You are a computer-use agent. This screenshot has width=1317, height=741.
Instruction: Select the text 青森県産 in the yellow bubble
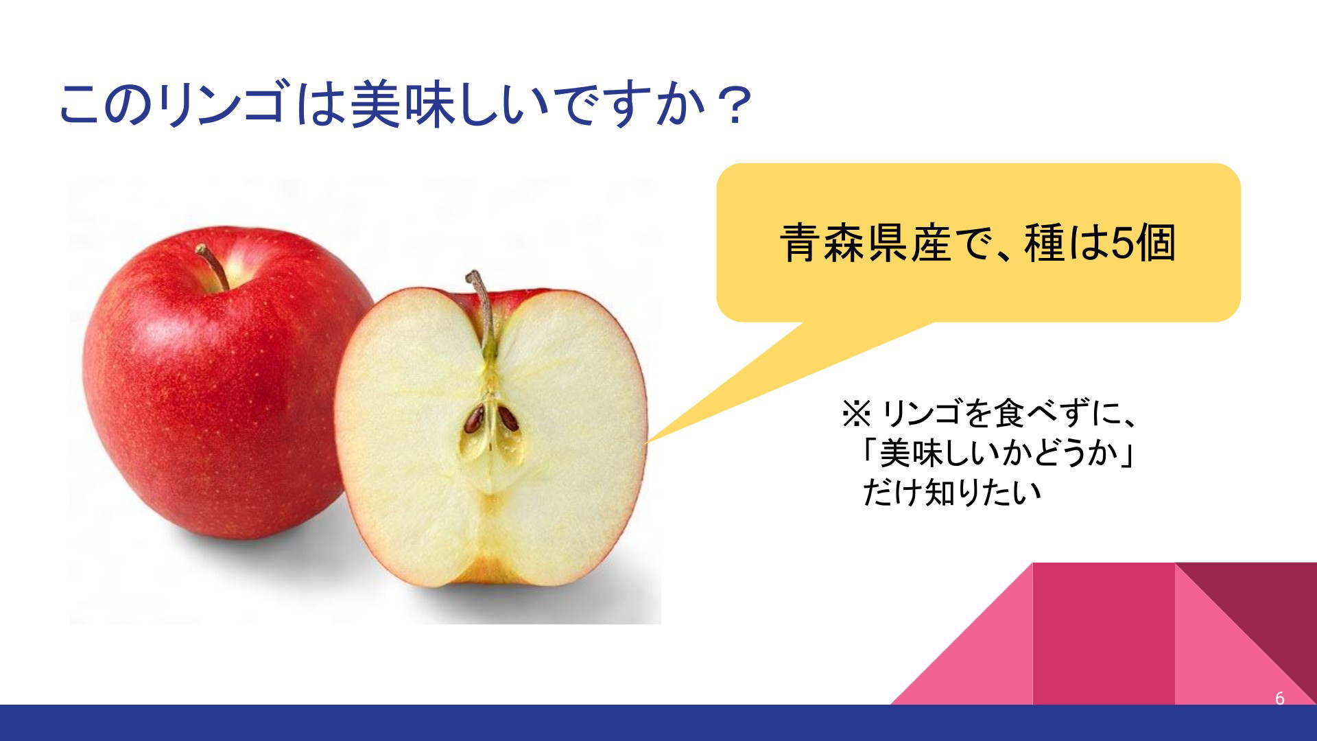point(866,243)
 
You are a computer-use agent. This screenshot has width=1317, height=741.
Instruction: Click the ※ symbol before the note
point(855,414)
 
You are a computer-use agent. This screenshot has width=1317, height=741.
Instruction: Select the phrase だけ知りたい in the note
point(951,492)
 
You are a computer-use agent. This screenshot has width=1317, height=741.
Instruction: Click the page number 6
point(1279,698)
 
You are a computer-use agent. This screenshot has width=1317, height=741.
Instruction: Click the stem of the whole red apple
point(213,267)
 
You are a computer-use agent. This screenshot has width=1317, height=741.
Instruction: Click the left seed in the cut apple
point(474,419)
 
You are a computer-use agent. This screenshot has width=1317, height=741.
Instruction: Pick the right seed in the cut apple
point(508,418)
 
